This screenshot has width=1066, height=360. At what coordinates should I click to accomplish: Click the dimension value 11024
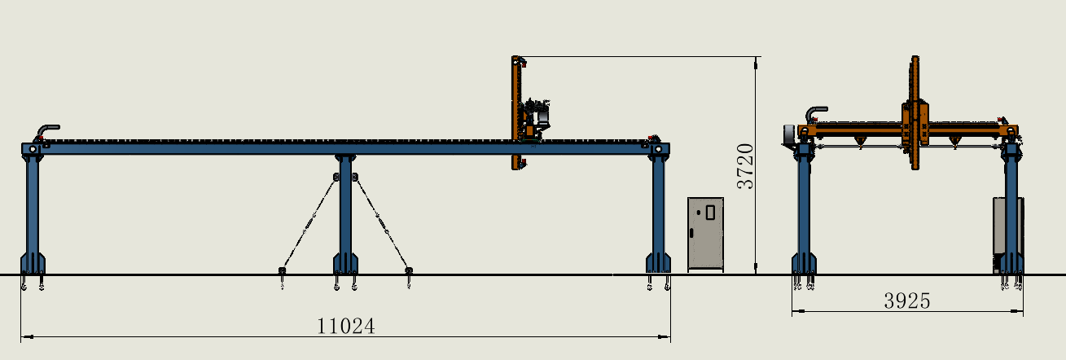pyautogui.click(x=346, y=327)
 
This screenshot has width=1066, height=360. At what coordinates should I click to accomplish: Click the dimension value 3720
pyautogui.click(x=745, y=166)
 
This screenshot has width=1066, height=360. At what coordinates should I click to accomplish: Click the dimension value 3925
pyautogui.click(x=907, y=301)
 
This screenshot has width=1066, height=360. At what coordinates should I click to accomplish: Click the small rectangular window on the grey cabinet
pyautogui.click(x=710, y=212)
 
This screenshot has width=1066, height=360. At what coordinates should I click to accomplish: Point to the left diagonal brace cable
pyautogui.click(x=309, y=223)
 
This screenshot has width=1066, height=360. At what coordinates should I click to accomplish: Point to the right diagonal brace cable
pyautogui.click(x=382, y=223)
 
